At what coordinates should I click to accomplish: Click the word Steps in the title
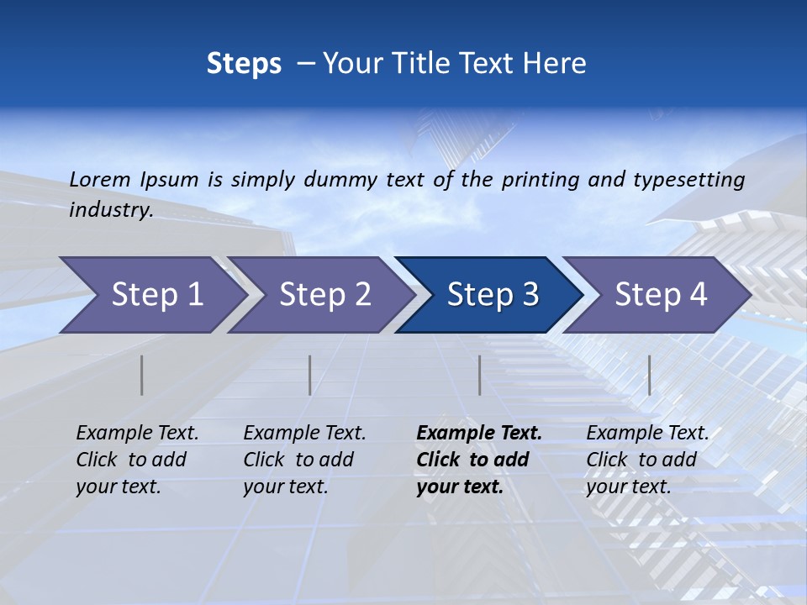[244, 64]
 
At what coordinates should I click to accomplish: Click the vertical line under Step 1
[142, 375]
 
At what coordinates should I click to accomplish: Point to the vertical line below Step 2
[310, 375]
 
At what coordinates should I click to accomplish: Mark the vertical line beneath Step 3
[479, 375]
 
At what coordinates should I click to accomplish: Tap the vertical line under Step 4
[649, 375]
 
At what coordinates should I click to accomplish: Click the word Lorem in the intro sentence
[100, 179]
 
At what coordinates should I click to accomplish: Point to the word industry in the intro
[111, 210]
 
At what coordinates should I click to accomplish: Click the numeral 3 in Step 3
[530, 295]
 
